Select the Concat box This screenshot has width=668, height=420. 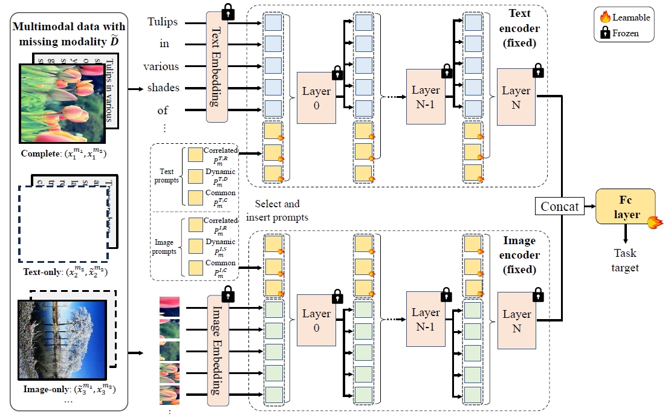tap(559, 206)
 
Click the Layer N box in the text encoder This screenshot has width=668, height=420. tap(516, 97)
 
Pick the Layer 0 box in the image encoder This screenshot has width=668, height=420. tap(316, 320)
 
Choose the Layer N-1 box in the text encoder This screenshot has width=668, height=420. tap(426, 97)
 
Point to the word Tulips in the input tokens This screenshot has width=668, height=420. tap(163, 22)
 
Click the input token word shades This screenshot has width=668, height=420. tap(163, 88)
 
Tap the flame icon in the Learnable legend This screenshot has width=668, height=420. tap(605, 18)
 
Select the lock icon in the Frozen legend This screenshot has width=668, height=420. tap(605, 33)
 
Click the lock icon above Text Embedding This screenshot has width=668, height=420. tap(228, 11)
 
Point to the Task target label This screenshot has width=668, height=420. tap(625, 260)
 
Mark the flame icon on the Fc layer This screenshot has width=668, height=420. tap(652, 223)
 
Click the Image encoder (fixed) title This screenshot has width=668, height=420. tap(519, 254)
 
